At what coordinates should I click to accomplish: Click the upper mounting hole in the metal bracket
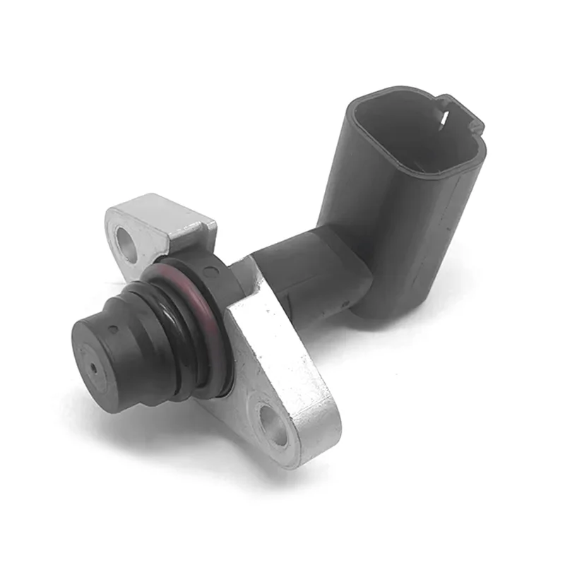click(126, 242)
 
